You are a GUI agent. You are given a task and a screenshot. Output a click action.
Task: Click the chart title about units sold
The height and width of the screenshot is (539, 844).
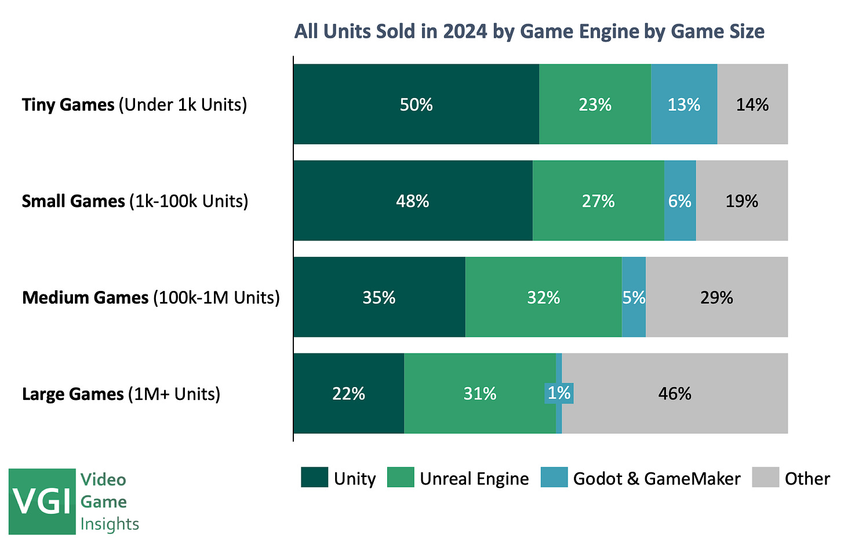click(529, 31)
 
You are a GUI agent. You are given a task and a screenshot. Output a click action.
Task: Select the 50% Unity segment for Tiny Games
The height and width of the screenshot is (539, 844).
click(416, 104)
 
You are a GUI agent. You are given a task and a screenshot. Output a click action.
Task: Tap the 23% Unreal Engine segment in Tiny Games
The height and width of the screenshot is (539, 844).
click(595, 104)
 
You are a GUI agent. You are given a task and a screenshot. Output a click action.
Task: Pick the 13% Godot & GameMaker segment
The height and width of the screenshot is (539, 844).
click(684, 104)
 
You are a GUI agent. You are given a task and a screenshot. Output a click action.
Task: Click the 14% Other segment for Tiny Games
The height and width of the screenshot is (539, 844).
click(752, 104)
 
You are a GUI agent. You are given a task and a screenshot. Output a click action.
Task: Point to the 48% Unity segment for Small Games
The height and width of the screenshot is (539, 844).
click(413, 201)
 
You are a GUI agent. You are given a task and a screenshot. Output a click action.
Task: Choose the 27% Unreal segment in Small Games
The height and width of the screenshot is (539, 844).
click(598, 201)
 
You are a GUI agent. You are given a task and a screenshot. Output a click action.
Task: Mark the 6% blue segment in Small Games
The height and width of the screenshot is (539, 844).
click(680, 201)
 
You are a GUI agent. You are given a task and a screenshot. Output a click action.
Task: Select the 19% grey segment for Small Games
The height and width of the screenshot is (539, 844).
click(742, 201)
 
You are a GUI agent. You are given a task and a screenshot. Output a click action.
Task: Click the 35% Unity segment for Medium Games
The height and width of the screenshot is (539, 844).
click(379, 297)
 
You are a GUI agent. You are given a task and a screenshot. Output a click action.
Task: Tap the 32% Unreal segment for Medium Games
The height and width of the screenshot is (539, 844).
click(544, 297)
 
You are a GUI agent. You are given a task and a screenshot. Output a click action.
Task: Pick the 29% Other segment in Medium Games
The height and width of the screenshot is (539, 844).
click(717, 297)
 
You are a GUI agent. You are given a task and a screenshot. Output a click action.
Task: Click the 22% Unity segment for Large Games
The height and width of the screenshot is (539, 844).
click(348, 394)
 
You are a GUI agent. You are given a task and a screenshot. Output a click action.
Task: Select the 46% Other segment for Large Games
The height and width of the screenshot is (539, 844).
click(675, 394)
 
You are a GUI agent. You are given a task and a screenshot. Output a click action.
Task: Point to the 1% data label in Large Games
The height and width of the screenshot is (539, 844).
click(559, 393)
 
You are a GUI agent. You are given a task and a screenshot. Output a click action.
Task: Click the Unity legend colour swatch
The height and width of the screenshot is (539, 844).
click(314, 478)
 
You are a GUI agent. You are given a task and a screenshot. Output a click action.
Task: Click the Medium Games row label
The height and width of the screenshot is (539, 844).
click(151, 297)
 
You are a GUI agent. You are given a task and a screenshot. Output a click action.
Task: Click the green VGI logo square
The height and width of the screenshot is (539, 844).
click(42, 501)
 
